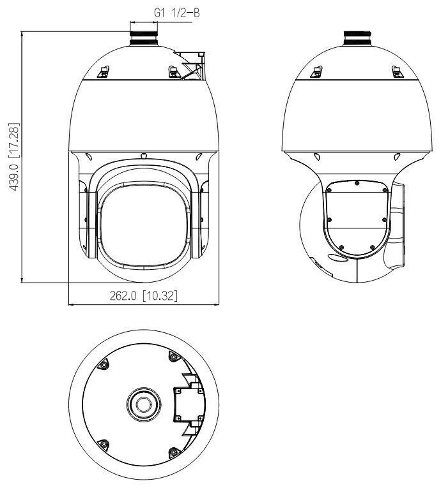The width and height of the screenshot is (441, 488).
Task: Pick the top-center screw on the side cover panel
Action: [357, 183]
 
